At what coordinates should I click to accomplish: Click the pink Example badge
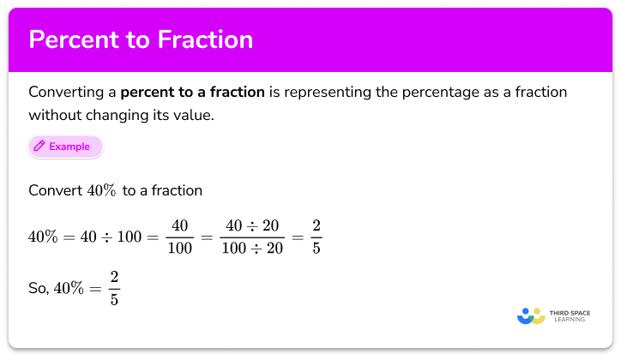click(65, 147)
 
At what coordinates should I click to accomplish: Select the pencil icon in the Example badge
click(39, 147)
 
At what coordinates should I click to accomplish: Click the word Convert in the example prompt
click(55, 189)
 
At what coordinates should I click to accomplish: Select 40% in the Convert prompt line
click(104, 189)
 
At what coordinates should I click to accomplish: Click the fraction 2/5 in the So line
click(114, 289)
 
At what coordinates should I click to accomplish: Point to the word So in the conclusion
click(37, 290)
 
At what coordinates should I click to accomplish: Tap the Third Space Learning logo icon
click(531, 315)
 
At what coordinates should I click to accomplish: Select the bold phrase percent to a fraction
click(193, 92)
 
